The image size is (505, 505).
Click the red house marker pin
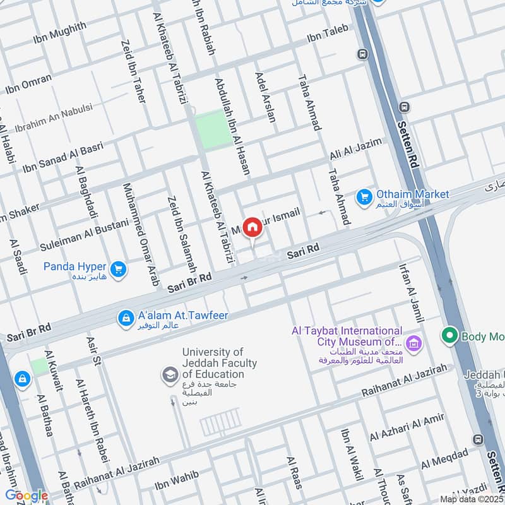pyautogui.click(x=252, y=227)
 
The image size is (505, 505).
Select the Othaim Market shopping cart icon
pyautogui.click(x=364, y=198)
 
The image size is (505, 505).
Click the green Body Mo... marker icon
pyautogui.click(x=449, y=335)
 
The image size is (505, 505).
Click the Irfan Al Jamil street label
pyautogui.click(x=411, y=293)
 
